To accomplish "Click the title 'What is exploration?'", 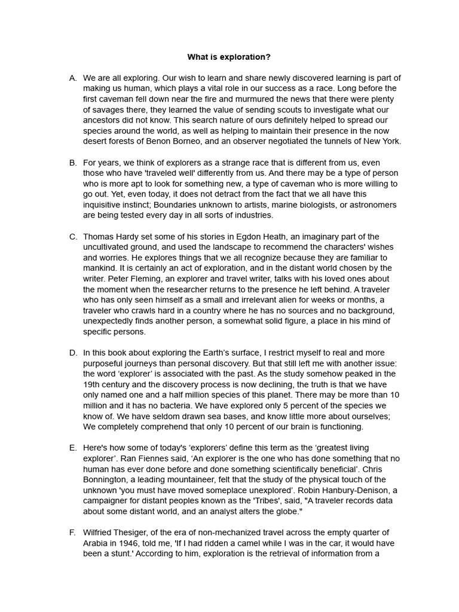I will point(229,57).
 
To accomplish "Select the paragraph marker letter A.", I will point(73,78).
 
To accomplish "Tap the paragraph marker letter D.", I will point(73,353).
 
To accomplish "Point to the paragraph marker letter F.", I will point(73,533).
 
